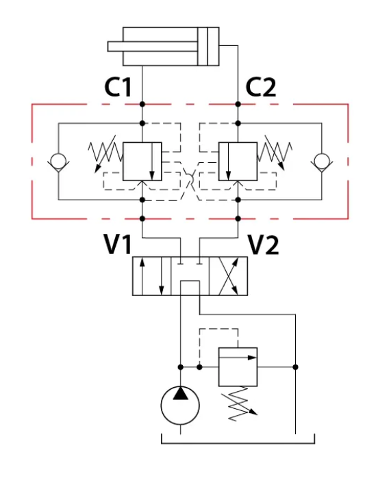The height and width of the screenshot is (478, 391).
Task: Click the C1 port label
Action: click(x=118, y=87)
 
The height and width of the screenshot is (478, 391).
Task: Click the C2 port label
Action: click(x=261, y=87)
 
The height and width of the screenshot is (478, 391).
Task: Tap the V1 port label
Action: click(x=118, y=244)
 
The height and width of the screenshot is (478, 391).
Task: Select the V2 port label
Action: click(x=264, y=245)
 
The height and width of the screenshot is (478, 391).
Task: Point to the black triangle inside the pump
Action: click(x=180, y=393)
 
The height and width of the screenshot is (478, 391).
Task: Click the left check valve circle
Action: click(x=58, y=161)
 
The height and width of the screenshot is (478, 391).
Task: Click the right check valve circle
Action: click(x=322, y=161)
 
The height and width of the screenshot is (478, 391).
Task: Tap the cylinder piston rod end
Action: click(x=109, y=47)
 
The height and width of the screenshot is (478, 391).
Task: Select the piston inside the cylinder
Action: click(x=203, y=47)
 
